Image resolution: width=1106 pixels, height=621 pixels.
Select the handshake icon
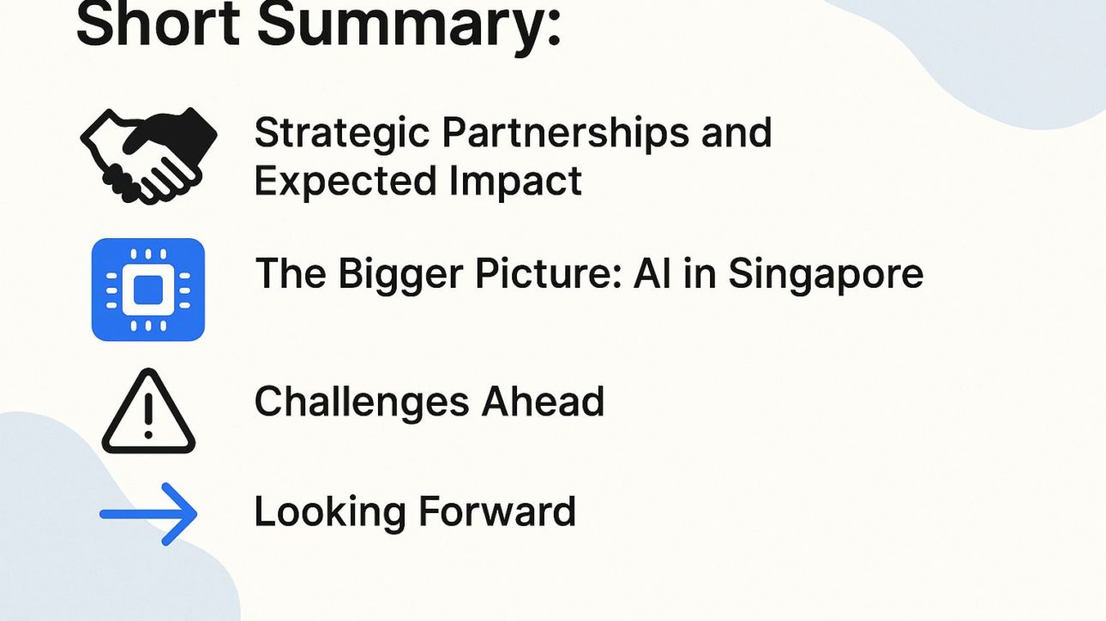point(148,155)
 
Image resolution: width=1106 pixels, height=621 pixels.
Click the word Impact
point(516,182)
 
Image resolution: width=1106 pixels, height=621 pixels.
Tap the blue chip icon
point(148,290)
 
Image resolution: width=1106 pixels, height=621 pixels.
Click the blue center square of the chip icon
point(148,290)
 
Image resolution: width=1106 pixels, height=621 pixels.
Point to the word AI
point(652,274)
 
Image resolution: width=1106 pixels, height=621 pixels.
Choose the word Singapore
point(826,275)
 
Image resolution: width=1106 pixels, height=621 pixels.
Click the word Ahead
point(543,401)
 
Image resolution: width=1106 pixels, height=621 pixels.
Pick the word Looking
point(330,513)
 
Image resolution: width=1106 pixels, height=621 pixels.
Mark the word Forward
point(497,511)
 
